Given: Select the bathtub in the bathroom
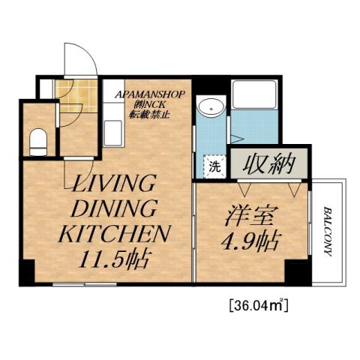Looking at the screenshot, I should pos(256,97).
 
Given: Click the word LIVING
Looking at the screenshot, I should pos(113,184).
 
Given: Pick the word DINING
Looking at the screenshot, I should pos(113,208).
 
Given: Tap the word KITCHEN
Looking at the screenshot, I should pos(113,234).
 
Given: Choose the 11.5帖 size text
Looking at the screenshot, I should pos(114,260).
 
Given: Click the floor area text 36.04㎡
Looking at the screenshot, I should pos(257,305).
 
